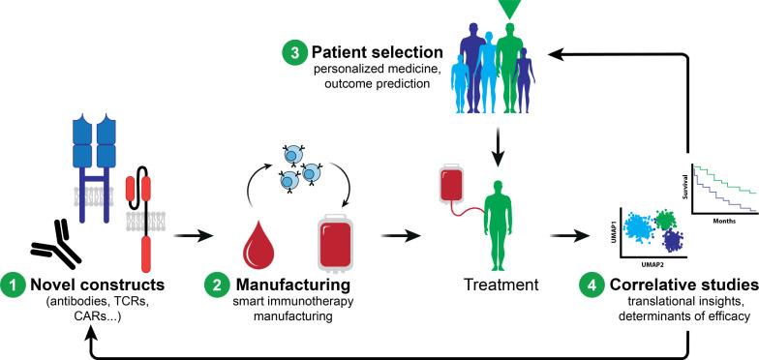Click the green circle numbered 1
click(13, 287)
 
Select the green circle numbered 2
click(217, 287)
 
